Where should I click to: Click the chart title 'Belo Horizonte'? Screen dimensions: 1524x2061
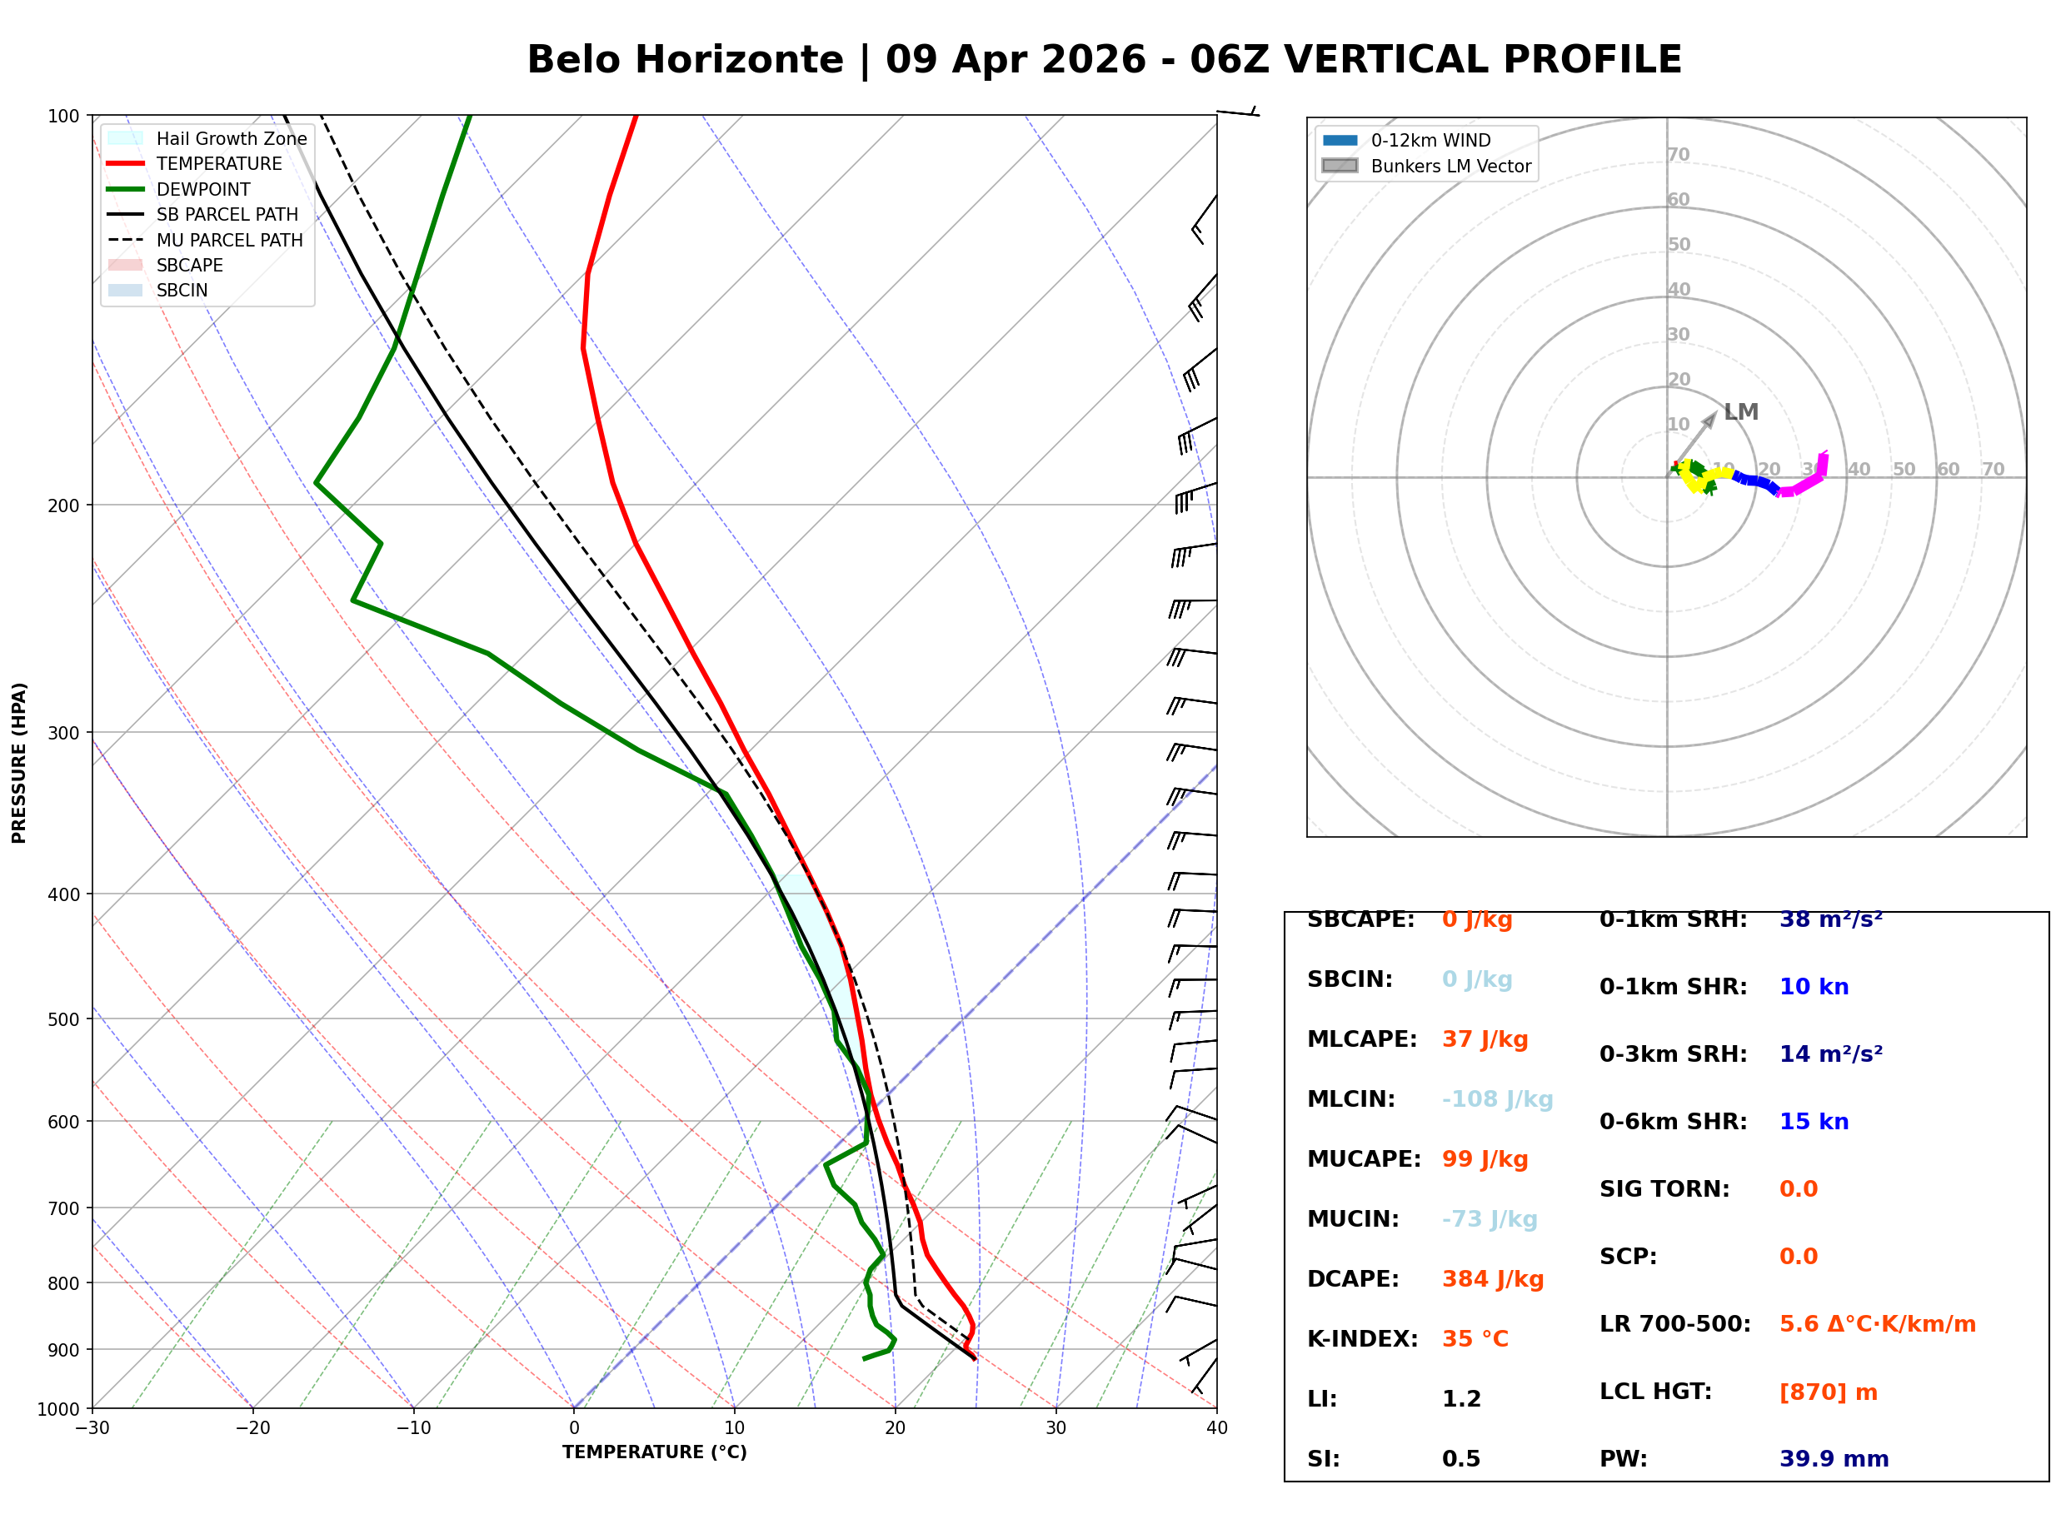pyautogui.click(x=685, y=60)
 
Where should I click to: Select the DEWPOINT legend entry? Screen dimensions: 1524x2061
pyautogui.click(x=203, y=189)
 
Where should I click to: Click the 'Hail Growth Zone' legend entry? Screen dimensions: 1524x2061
pyautogui.click(x=231, y=138)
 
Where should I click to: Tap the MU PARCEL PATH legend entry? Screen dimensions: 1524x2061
pyautogui.click(x=229, y=240)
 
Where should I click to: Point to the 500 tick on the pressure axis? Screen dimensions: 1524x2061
pyautogui.click(x=62, y=1019)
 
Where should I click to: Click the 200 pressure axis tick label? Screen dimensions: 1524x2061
pyautogui.click(x=62, y=506)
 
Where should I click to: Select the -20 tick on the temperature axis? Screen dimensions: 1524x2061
pyautogui.click(x=252, y=1428)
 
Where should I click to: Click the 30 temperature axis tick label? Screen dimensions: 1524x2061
pyautogui.click(x=1055, y=1428)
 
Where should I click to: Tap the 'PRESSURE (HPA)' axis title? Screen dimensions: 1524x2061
pyautogui.click(x=19, y=763)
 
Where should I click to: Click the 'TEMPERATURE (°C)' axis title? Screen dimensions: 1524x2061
pyautogui.click(x=654, y=1452)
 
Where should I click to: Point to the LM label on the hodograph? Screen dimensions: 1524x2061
pyautogui.click(x=1740, y=412)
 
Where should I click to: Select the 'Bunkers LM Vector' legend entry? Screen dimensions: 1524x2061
pyautogui.click(x=1450, y=166)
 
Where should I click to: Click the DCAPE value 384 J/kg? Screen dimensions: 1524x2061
pyautogui.click(x=1493, y=1279)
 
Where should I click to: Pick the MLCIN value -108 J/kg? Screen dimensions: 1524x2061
pyautogui.click(x=1497, y=1099)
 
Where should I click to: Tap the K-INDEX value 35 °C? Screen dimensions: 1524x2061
pyautogui.click(x=1475, y=1339)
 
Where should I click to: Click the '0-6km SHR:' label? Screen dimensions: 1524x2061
pyautogui.click(x=1673, y=1122)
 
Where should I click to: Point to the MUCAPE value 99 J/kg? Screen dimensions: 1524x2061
pyautogui.click(x=1485, y=1159)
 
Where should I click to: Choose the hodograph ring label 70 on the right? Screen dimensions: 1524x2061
pyautogui.click(x=1993, y=470)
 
